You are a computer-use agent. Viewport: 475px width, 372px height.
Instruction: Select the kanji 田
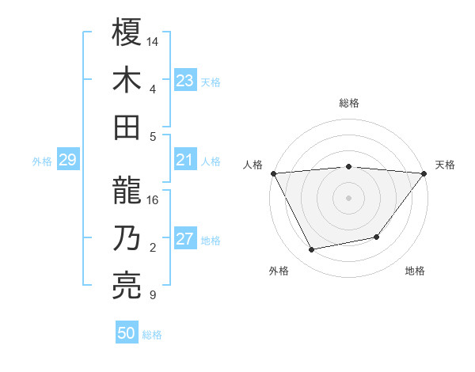point(127,127)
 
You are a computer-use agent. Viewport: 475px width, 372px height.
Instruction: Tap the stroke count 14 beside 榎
point(154,40)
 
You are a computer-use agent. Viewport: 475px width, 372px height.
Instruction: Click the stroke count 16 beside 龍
point(154,200)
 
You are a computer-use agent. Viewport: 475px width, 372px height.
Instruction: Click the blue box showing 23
point(185,81)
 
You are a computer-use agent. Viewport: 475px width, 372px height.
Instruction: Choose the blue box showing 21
point(185,161)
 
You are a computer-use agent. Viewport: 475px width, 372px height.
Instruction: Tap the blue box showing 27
point(185,240)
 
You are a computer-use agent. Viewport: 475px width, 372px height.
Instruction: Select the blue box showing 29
point(67,161)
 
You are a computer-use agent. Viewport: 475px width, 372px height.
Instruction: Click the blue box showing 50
point(127,333)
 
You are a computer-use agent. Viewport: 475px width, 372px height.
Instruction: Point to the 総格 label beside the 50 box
point(152,335)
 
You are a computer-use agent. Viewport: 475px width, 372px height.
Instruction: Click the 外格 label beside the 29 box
point(42,161)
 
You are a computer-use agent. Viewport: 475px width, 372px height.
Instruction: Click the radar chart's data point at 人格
point(272,173)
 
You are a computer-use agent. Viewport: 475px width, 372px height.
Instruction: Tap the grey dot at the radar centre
point(348,198)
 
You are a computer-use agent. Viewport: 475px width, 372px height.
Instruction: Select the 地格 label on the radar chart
point(415,271)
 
